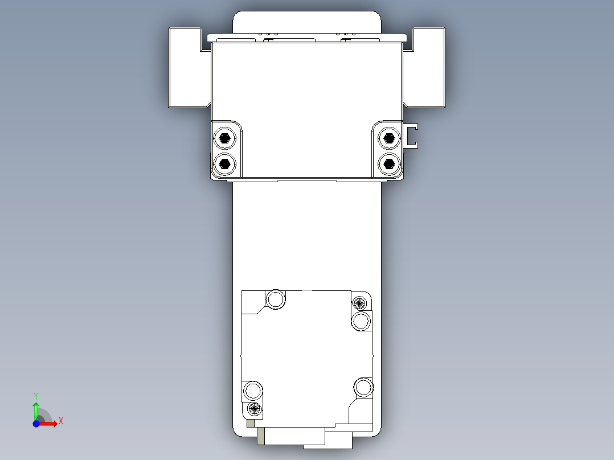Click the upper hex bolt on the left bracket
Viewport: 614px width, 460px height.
(225, 138)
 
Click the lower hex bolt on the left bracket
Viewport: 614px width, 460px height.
(225, 164)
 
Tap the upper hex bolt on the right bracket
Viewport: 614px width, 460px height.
(389, 137)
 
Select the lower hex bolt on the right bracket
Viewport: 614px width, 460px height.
(389, 164)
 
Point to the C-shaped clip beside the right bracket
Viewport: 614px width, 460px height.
(411, 135)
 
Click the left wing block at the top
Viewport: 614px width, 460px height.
(185, 67)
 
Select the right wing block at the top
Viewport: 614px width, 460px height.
(428, 67)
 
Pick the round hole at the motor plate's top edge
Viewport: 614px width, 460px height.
(276, 299)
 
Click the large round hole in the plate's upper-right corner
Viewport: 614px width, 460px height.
(362, 321)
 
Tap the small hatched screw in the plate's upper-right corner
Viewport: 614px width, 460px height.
(359, 302)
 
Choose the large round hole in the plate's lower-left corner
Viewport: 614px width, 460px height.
(253, 391)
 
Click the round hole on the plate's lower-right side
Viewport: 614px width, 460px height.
(363, 387)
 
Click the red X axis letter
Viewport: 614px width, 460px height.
(61, 421)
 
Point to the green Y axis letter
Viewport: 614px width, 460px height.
(36, 395)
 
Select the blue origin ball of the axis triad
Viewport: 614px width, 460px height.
(36, 424)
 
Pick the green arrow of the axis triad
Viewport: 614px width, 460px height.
(36, 409)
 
